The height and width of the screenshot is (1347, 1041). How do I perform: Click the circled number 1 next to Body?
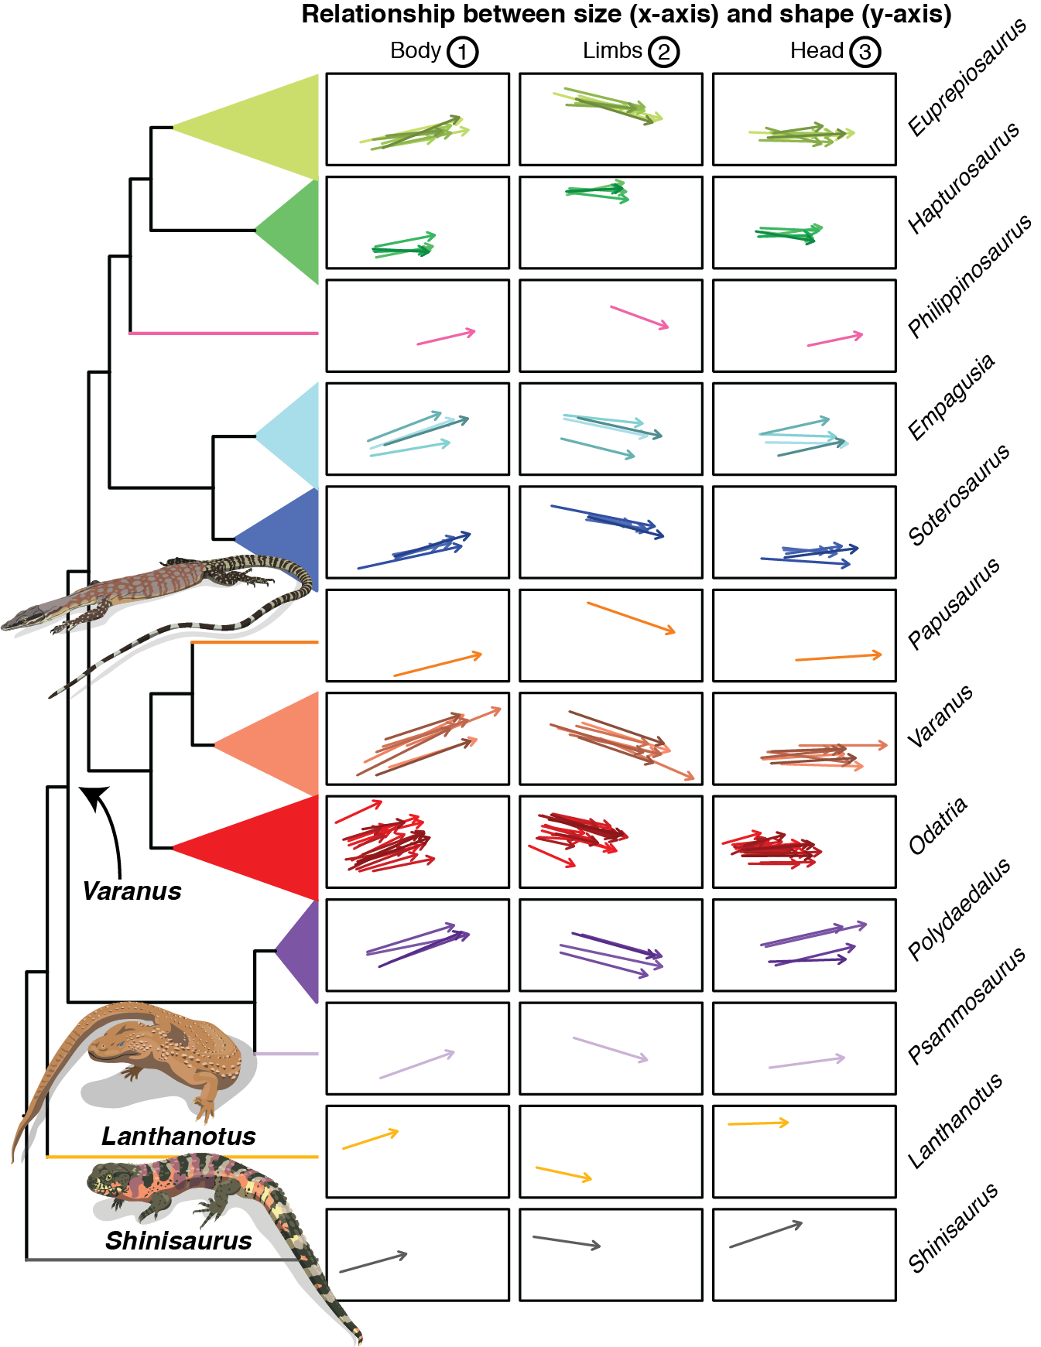pyautogui.click(x=462, y=52)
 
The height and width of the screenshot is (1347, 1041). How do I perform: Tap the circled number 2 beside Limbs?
pyautogui.click(x=663, y=52)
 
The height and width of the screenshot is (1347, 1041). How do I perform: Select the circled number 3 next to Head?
pyautogui.click(x=865, y=52)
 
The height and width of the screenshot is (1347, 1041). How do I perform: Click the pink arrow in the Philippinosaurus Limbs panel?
pyautogui.click(x=639, y=318)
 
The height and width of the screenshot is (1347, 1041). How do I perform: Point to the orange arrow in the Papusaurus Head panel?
pyautogui.click(x=838, y=657)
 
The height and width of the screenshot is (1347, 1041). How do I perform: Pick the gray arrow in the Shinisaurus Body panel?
pyautogui.click(x=373, y=1262)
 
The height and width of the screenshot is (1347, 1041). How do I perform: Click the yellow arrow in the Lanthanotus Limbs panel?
pyautogui.click(x=563, y=1173)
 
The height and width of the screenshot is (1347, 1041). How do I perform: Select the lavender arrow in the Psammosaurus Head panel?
pyautogui.click(x=806, y=1062)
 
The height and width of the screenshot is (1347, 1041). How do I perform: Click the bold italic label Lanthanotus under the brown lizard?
pyautogui.click(x=178, y=1136)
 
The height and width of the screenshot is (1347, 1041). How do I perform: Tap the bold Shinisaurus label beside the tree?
pyautogui.click(x=178, y=1240)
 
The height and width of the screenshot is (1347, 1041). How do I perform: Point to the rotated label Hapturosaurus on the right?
pyautogui.click(x=964, y=178)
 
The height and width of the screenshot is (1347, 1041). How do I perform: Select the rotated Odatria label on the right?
pyautogui.click(x=938, y=826)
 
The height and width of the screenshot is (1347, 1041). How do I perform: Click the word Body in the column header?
pyautogui.click(x=415, y=51)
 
